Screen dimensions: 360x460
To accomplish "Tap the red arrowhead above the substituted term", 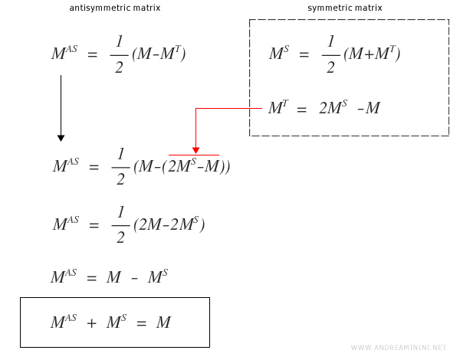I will (196, 150).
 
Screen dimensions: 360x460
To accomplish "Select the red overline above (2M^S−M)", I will (194, 155).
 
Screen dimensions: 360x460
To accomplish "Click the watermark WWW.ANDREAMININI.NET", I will (399, 347).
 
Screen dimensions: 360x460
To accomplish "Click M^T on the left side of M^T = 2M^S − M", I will (278, 108).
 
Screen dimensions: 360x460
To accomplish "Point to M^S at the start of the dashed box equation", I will (278, 54).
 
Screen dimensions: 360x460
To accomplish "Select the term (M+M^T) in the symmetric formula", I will (372, 54).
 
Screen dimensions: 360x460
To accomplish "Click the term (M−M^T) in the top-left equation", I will (159, 54).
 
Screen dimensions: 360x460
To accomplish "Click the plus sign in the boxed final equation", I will (91, 323).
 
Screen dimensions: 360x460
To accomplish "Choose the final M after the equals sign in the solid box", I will (163, 323).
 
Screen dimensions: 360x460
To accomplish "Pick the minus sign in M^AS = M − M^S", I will (133, 277).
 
